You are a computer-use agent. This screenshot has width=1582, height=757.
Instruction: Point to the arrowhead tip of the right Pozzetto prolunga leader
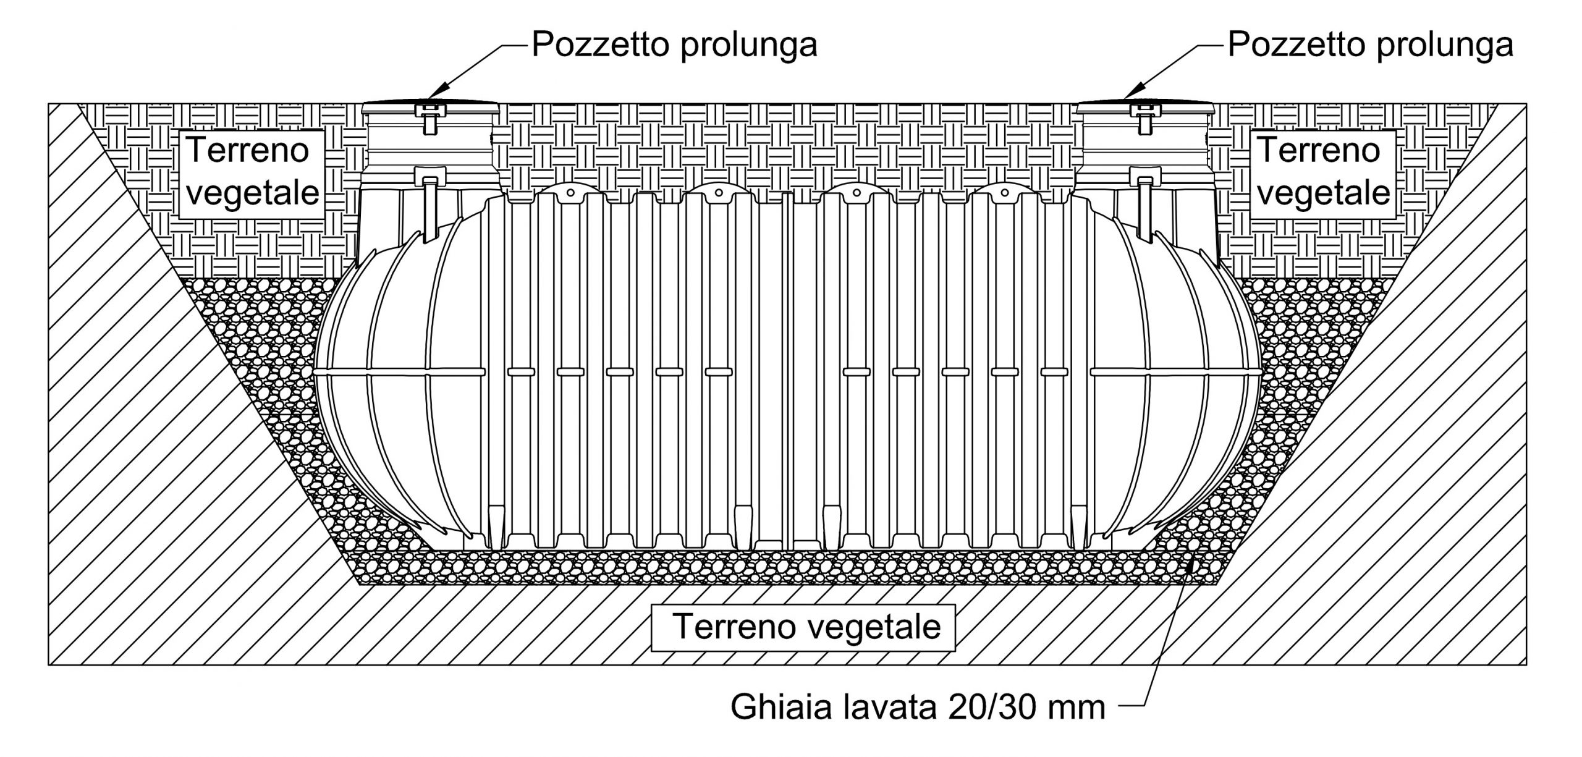point(1123,98)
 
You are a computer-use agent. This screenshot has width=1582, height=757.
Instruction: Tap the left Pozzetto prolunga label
point(674,44)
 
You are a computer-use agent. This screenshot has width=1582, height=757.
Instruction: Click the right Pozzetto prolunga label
point(1370,44)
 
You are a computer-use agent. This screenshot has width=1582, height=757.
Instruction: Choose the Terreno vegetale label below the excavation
point(806,628)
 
